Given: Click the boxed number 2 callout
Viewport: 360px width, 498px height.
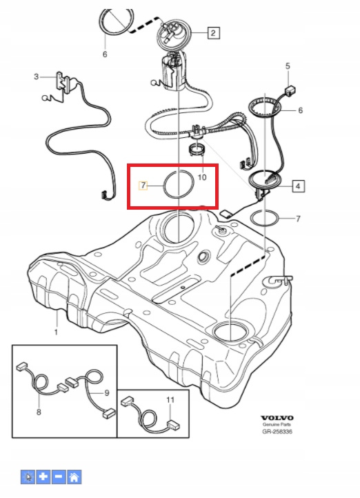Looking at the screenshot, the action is tap(213, 32).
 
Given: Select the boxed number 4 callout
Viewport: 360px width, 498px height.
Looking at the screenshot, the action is tap(298, 186).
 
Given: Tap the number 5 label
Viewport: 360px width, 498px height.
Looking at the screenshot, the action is tap(288, 66).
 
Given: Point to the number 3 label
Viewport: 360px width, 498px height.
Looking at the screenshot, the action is tap(36, 77).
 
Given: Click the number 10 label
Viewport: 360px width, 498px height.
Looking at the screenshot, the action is tap(202, 177).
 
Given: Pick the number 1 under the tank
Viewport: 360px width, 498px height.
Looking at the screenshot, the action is tap(56, 332).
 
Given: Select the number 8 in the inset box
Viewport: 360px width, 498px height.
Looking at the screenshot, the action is tap(39, 412).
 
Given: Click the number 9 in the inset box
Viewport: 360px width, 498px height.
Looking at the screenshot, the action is tap(107, 393).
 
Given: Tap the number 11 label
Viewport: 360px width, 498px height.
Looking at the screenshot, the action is tap(170, 399).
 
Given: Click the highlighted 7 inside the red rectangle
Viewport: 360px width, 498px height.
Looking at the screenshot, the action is tap(143, 185).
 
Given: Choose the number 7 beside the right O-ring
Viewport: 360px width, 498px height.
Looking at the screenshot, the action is tap(298, 219).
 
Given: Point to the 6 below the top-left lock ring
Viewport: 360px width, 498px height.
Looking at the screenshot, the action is tap(105, 54).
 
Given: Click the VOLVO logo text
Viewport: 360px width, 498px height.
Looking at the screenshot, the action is tap(277, 418).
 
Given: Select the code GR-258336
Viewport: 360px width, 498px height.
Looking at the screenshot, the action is tap(277, 432).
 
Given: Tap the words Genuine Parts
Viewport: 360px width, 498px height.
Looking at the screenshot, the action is tap(277, 425).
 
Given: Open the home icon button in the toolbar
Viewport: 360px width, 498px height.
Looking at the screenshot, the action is tap(74, 477).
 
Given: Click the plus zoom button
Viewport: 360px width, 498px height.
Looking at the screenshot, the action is tap(43, 477).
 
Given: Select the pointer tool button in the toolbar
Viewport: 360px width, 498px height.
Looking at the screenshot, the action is tap(28, 477).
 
